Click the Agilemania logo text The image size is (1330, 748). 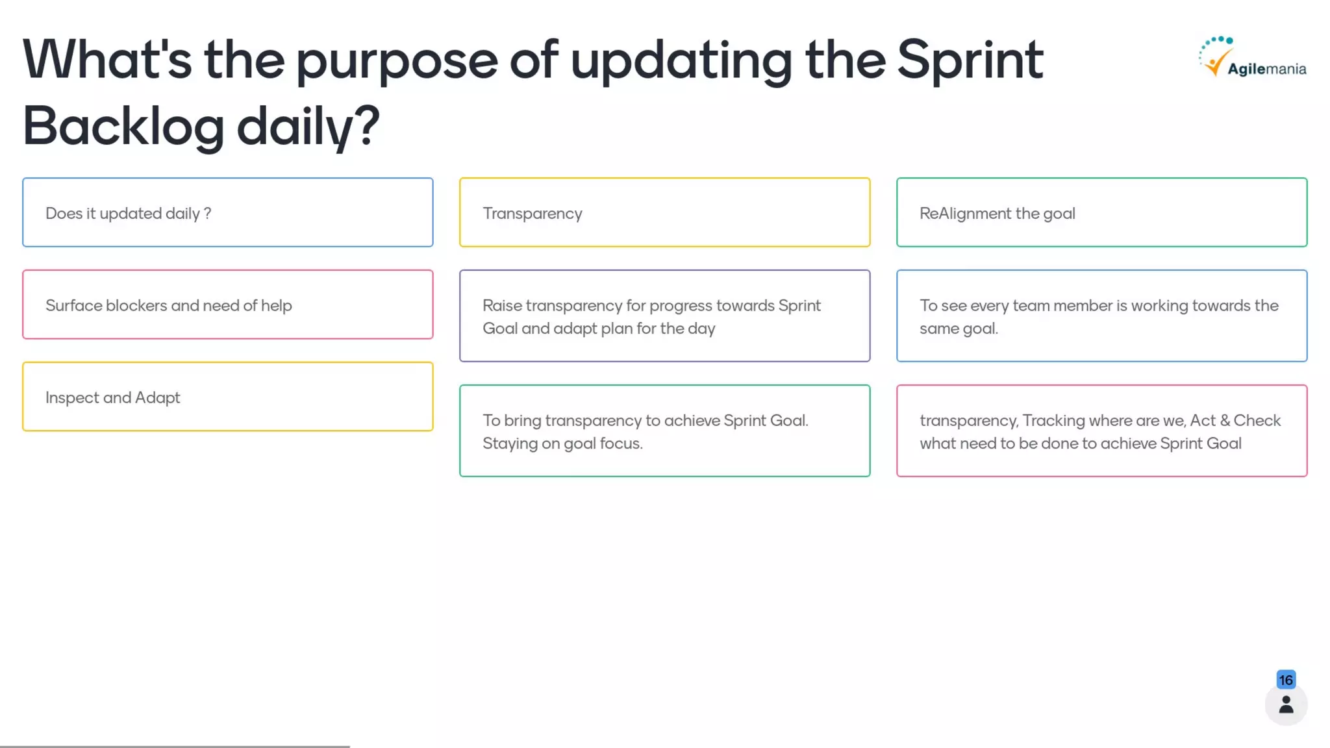coord(1266,69)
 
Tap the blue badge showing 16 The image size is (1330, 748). coord(1286,680)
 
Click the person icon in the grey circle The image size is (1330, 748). coord(1286,705)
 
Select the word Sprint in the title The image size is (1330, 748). coord(970,60)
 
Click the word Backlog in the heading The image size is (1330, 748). coord(123,126)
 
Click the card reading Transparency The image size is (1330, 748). coord(664,212)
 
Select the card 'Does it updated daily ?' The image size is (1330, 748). coord(227,212)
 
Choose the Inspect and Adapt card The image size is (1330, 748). coord(227,397)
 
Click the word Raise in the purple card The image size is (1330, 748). coord(502,305)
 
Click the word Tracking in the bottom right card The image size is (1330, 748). coord(1053,421)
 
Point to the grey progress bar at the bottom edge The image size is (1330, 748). coord(175,746)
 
